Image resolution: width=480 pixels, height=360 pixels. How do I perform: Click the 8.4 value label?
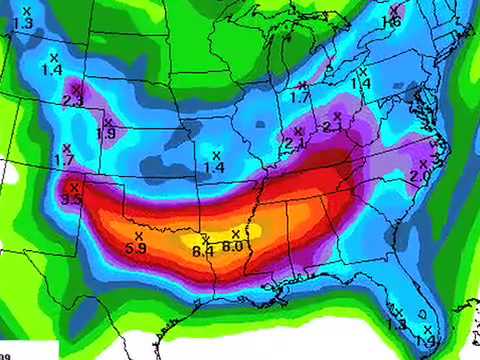click(x=204, y=252)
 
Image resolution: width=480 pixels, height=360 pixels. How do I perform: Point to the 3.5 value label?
click(x=71, y=200)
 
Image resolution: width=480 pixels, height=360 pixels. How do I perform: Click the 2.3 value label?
click(x=73, y=101)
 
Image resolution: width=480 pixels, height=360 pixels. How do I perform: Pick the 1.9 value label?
click(x=105, y=134)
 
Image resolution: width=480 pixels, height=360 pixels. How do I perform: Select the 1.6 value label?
click(x=391, y=22)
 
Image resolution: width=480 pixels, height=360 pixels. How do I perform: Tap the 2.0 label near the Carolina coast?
click(x=420, y=175)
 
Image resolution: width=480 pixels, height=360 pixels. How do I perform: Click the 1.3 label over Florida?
click(x=397, y=325)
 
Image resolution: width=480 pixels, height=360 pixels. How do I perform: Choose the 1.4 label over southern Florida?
click(x=427, y=341)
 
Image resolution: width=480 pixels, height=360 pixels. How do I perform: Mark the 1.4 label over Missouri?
click(x=213, y=166)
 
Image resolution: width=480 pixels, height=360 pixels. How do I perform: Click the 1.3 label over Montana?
click(x=24, y=22)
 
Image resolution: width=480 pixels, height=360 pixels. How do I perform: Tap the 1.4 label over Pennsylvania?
click(x=361, y=84)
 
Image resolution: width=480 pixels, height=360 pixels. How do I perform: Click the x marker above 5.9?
click(x=138, y=236)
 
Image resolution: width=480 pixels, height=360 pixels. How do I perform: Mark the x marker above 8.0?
click(x=236, y=234)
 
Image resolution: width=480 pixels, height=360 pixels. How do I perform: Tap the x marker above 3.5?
click(x=74, y=187)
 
